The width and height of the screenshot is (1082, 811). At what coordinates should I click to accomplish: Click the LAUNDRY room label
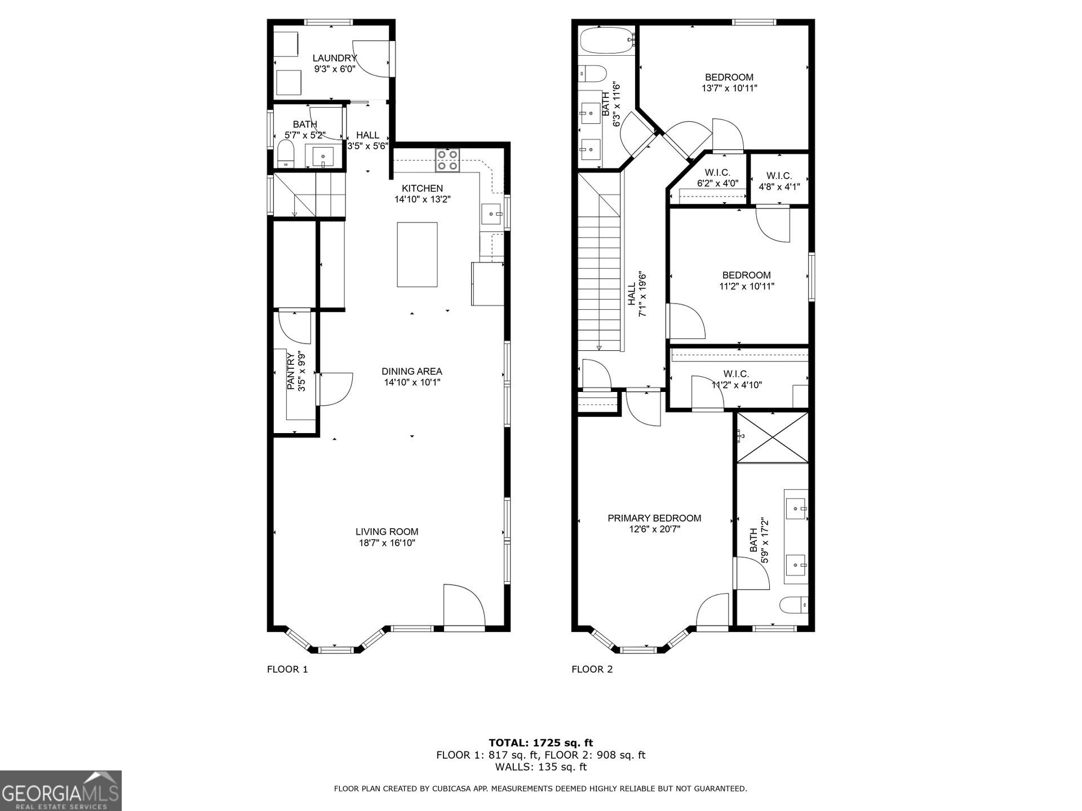335,59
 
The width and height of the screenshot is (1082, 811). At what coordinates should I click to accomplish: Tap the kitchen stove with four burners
447,160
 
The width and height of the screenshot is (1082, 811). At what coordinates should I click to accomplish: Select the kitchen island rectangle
417,255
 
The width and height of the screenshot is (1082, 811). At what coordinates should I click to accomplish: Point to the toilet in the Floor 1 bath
286,153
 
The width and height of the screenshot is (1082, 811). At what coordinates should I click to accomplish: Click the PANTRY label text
291,372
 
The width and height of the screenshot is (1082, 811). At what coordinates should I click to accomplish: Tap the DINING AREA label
412,372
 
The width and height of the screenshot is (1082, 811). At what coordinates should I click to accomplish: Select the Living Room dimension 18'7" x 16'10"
387,543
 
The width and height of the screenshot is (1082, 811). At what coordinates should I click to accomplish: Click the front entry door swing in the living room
464,605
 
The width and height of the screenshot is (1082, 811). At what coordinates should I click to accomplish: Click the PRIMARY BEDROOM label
654,518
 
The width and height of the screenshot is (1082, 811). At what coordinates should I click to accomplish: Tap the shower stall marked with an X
773,438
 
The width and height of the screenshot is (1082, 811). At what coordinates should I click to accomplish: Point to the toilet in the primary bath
794,606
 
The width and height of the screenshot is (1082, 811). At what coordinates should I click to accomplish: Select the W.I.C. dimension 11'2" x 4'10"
737,385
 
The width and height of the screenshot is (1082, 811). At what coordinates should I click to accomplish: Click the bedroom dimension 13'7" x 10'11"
729,88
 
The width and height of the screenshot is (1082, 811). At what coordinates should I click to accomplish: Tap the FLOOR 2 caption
592,669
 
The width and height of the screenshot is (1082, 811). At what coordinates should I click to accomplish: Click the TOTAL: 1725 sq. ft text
541,743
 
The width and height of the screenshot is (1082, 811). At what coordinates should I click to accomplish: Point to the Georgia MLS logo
61,791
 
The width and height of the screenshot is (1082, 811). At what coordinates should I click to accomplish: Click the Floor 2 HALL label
632,295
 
